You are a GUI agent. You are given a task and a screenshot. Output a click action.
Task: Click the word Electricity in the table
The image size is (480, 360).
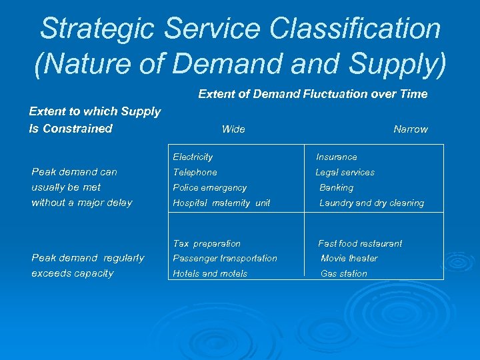click(x=193, y=157)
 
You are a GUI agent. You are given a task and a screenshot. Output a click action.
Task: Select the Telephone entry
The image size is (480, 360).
click(x=195, y=172)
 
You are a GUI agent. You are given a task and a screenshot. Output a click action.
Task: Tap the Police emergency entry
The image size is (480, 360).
click(x=209, y=187)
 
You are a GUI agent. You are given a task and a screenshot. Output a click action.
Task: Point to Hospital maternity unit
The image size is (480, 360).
click(x=221, y=203)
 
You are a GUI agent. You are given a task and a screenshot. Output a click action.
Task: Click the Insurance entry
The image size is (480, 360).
click(x=336, y=157)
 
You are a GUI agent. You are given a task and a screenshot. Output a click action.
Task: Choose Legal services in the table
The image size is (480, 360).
click(x=345, y=172)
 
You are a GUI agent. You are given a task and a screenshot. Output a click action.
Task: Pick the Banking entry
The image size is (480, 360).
click(x=336, y=187)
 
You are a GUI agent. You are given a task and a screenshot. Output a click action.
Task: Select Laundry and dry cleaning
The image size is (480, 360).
click(x=371, y=203)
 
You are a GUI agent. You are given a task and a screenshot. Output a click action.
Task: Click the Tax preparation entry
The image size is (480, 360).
click(x=207, y=243)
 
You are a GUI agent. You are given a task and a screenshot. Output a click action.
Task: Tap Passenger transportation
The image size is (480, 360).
click(x=225, y=258)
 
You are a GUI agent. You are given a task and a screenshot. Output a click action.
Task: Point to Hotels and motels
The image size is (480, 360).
click(x=210, y=273)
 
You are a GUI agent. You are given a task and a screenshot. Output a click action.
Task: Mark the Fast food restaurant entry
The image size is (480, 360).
click(x=360, y=243)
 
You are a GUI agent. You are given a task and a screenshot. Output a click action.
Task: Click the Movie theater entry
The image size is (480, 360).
click(x=349, y=258)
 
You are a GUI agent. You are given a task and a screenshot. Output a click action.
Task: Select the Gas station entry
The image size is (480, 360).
click(x=343, y=273)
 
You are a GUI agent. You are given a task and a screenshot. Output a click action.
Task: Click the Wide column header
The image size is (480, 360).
click(x=233, y=129)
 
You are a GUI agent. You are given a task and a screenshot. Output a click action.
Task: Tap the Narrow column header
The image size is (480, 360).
click(x=410, y=129)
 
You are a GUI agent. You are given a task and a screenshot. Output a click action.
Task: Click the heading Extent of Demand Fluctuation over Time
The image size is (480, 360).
click(x=313, y=94)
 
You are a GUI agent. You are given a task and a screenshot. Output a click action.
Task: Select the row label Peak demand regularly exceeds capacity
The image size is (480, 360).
click(x=87, y=265)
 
